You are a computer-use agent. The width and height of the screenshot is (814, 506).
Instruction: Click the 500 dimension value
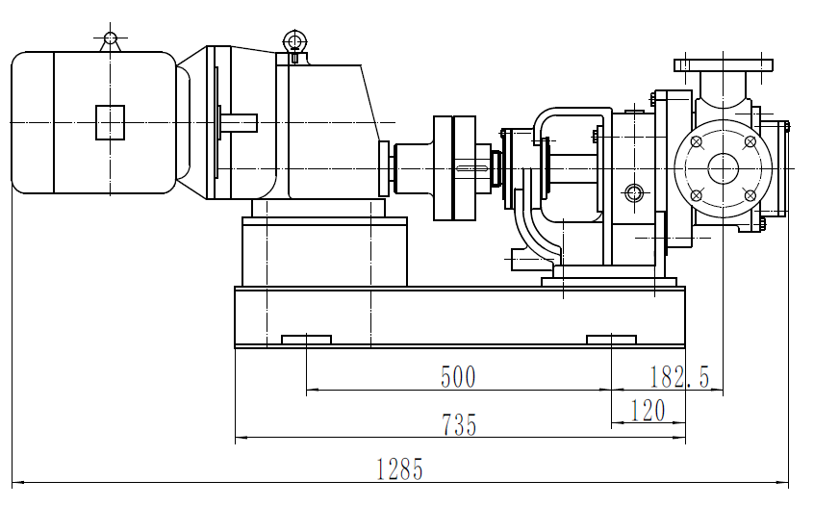tap(458, 376)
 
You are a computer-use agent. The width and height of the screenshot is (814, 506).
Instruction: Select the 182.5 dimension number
tap(678, 376)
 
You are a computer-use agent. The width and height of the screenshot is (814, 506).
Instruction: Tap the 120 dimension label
tap(649, 412)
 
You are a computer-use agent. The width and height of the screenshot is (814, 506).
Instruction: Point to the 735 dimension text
tap(458, 424)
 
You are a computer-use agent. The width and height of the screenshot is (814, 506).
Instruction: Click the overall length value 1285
tap(399, 469)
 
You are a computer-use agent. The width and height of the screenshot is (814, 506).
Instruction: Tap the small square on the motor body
tap(111, 122)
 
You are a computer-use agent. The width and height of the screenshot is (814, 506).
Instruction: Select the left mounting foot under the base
tap(306, 339)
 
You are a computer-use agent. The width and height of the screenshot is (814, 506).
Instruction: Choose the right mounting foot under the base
tap(611, 339)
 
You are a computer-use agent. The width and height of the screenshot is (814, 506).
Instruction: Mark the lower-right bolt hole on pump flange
tap(749, 194)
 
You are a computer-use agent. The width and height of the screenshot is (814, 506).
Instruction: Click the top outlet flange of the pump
tap(723, 65)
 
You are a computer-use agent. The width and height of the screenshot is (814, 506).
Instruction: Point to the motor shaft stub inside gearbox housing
tap(240, 121)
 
